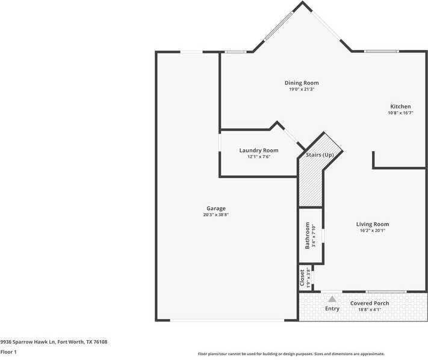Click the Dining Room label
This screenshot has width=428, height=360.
(302, 82)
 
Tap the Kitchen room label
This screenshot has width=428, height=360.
(400, 107)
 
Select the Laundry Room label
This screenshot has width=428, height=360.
(259, 150)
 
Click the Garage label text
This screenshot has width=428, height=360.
(216, 208)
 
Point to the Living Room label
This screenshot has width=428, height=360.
(373, 224)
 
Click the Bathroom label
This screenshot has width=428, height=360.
(307, 235)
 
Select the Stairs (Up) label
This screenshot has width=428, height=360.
(320, 155)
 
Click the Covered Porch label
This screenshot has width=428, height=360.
(370, 303)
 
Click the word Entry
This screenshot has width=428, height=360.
(332, 309)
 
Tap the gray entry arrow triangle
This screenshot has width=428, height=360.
(332, 298)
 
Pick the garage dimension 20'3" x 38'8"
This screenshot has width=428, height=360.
(216, 215)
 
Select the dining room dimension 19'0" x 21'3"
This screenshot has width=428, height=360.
(302, 89)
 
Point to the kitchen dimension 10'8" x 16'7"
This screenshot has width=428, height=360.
(400, 113)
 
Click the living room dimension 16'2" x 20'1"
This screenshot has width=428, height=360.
(373, 230)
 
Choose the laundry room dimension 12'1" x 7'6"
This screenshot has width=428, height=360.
(259, 157)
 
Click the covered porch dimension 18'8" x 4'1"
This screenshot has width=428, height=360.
(370, 309)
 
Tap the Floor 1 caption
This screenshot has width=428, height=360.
(8, 352)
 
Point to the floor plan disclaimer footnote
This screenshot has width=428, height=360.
(291, 354)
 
